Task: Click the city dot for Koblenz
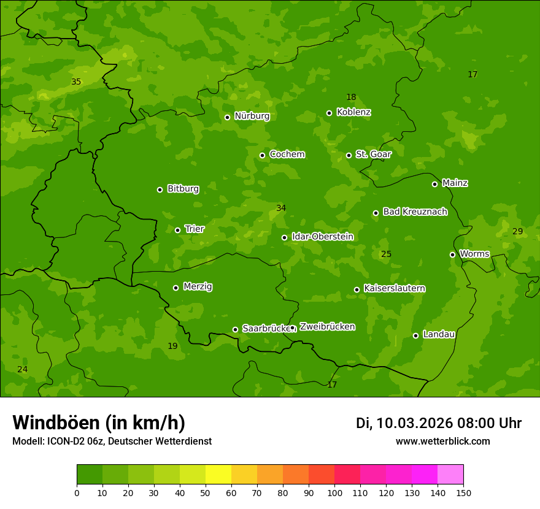point(330,113)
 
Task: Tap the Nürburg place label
point(252,116)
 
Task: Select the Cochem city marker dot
point(263,155)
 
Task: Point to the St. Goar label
point(373,154)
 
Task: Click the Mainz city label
point(455,183)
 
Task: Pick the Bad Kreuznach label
point(415,212)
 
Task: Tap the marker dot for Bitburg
point(160,189)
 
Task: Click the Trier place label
point(195,229)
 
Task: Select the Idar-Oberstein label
point(322,236)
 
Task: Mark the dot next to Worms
point(453,255)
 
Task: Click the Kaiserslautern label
point(395,288)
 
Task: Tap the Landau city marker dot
point(416,335)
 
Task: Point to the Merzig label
point(198,286)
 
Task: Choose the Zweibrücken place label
point(327,326)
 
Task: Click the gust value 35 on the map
point(76,82)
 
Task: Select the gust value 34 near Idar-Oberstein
point(281,208)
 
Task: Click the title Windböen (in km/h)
point(99,423)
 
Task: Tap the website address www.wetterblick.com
point(442,441)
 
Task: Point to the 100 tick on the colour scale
point(334,492)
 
